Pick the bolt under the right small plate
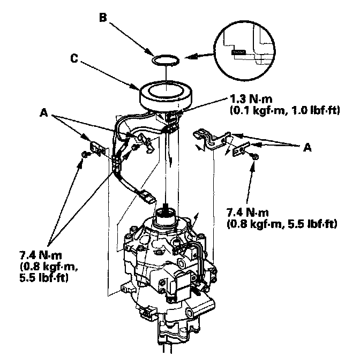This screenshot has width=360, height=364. pyautogui.click(x=254, y=156)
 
